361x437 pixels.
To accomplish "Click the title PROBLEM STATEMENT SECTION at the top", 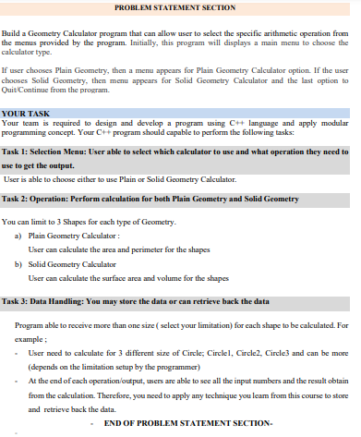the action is click(x=180, y=7).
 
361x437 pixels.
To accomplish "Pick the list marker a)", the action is click(x=19, y=237).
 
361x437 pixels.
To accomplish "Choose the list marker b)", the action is click(x=19, y=263).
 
